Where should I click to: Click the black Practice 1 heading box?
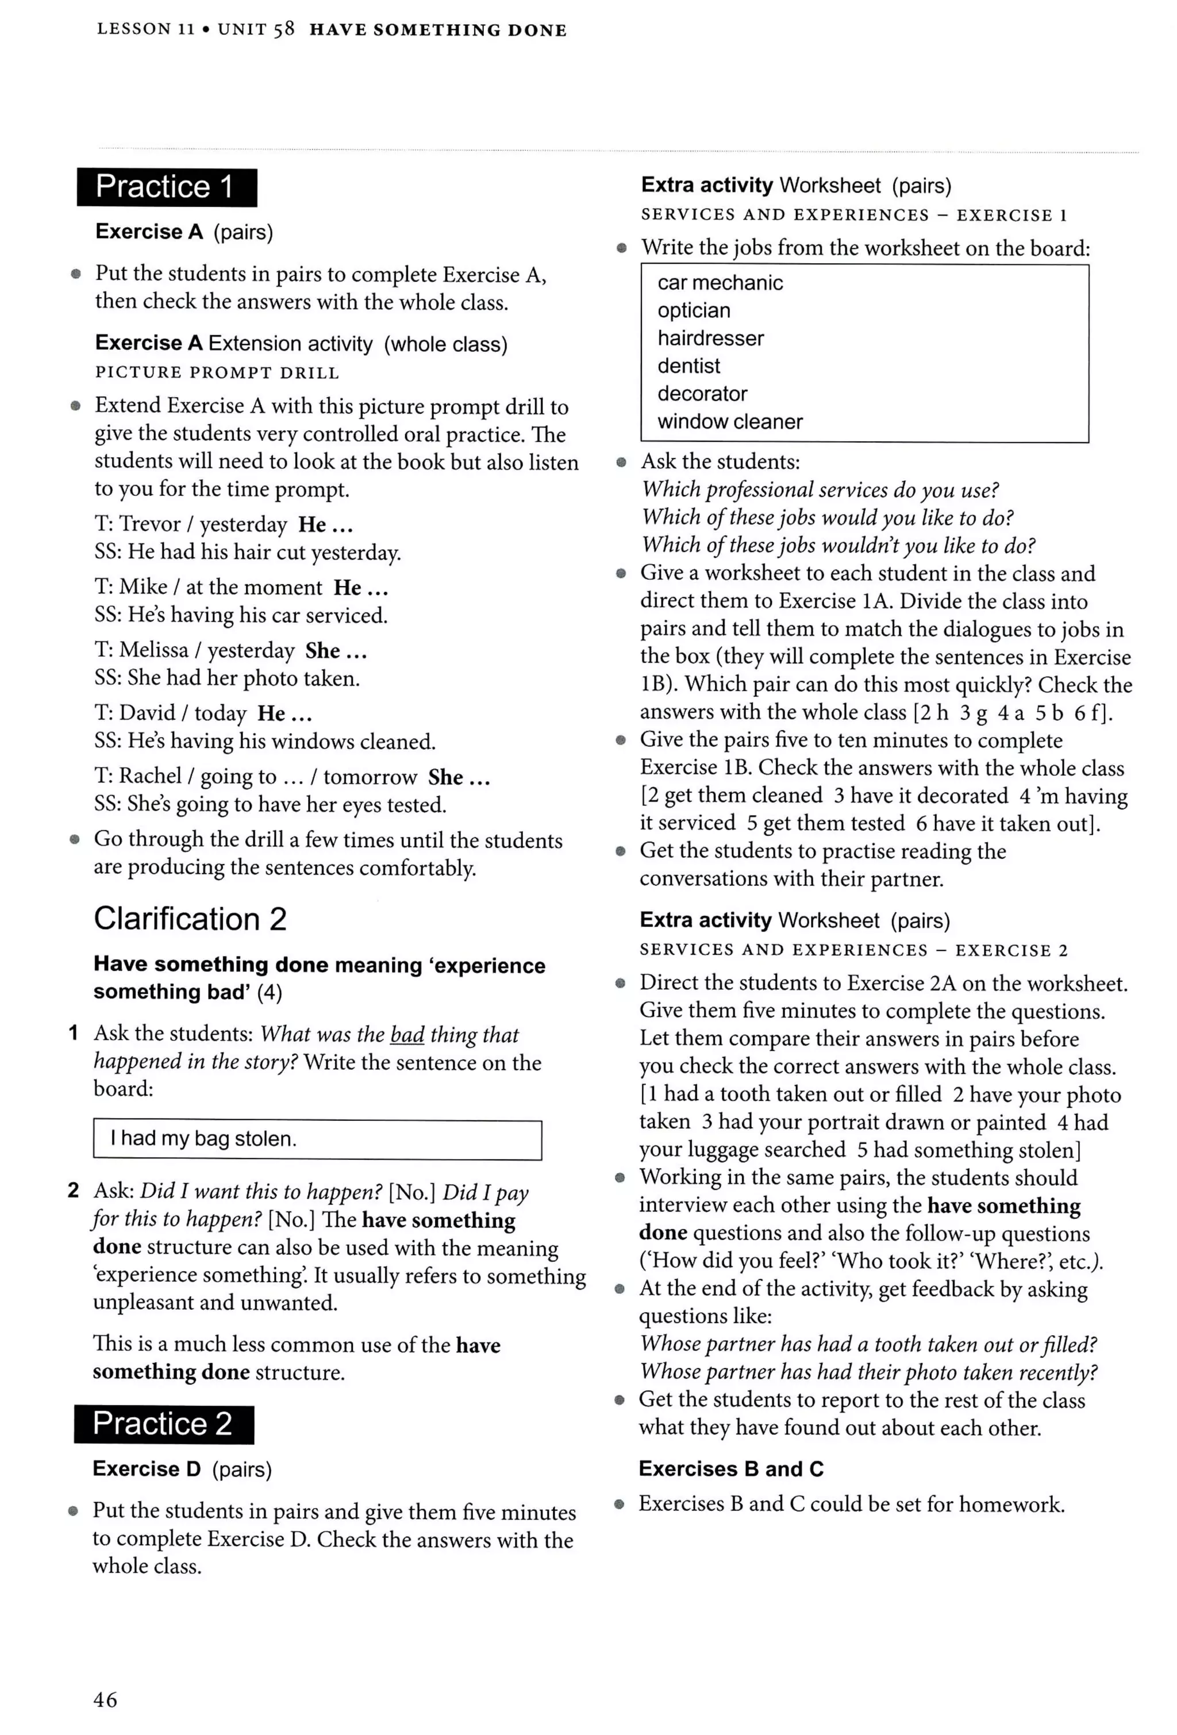pos(167,187)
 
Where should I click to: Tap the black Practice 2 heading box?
pos(164,1424)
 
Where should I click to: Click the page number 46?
pos(105,1700)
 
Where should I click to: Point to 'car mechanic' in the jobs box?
pos(720,283)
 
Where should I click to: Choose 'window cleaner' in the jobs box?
pos(730,422)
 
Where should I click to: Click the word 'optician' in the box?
pos(694,311)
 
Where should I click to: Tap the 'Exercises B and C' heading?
pos(730,1469)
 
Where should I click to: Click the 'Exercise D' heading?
pos(147,1469)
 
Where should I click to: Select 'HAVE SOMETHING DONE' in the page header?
pos(438,30)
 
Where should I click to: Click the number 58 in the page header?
pos(284,29)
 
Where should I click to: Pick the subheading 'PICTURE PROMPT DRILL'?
pos(217,372)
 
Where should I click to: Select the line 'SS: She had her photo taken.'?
pos(227,678)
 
